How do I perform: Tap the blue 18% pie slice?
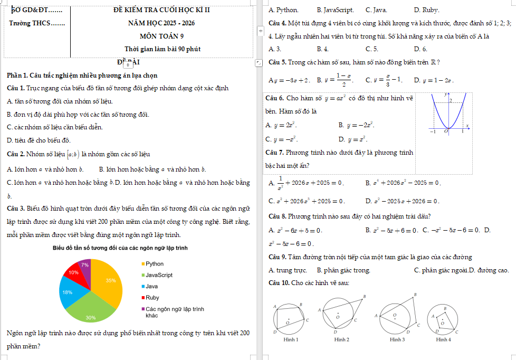click(x=70, y=295)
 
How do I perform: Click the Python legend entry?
click(x=154, y=263)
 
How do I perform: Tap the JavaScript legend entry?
click(x=158, y=275)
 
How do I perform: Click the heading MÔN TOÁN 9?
click(x=161, y=36)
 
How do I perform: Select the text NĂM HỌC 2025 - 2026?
click(x=161, y=23)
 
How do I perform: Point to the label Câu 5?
click(x=277, y=62)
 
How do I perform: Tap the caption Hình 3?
click(x=397, y=339)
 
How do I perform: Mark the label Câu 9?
click(x=277, y=257)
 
